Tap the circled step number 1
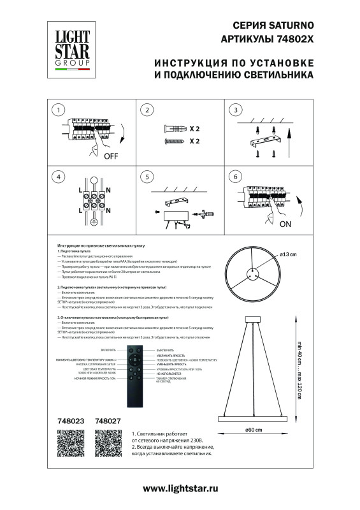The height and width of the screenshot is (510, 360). click(59, 110)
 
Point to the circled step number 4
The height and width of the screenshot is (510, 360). click(59, 177)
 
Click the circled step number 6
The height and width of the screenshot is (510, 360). click(236, 177)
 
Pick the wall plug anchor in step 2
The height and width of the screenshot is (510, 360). click(174, 129)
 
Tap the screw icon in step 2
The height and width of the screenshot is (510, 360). click(174, 140)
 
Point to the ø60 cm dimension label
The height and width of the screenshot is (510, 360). click(255, 430)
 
